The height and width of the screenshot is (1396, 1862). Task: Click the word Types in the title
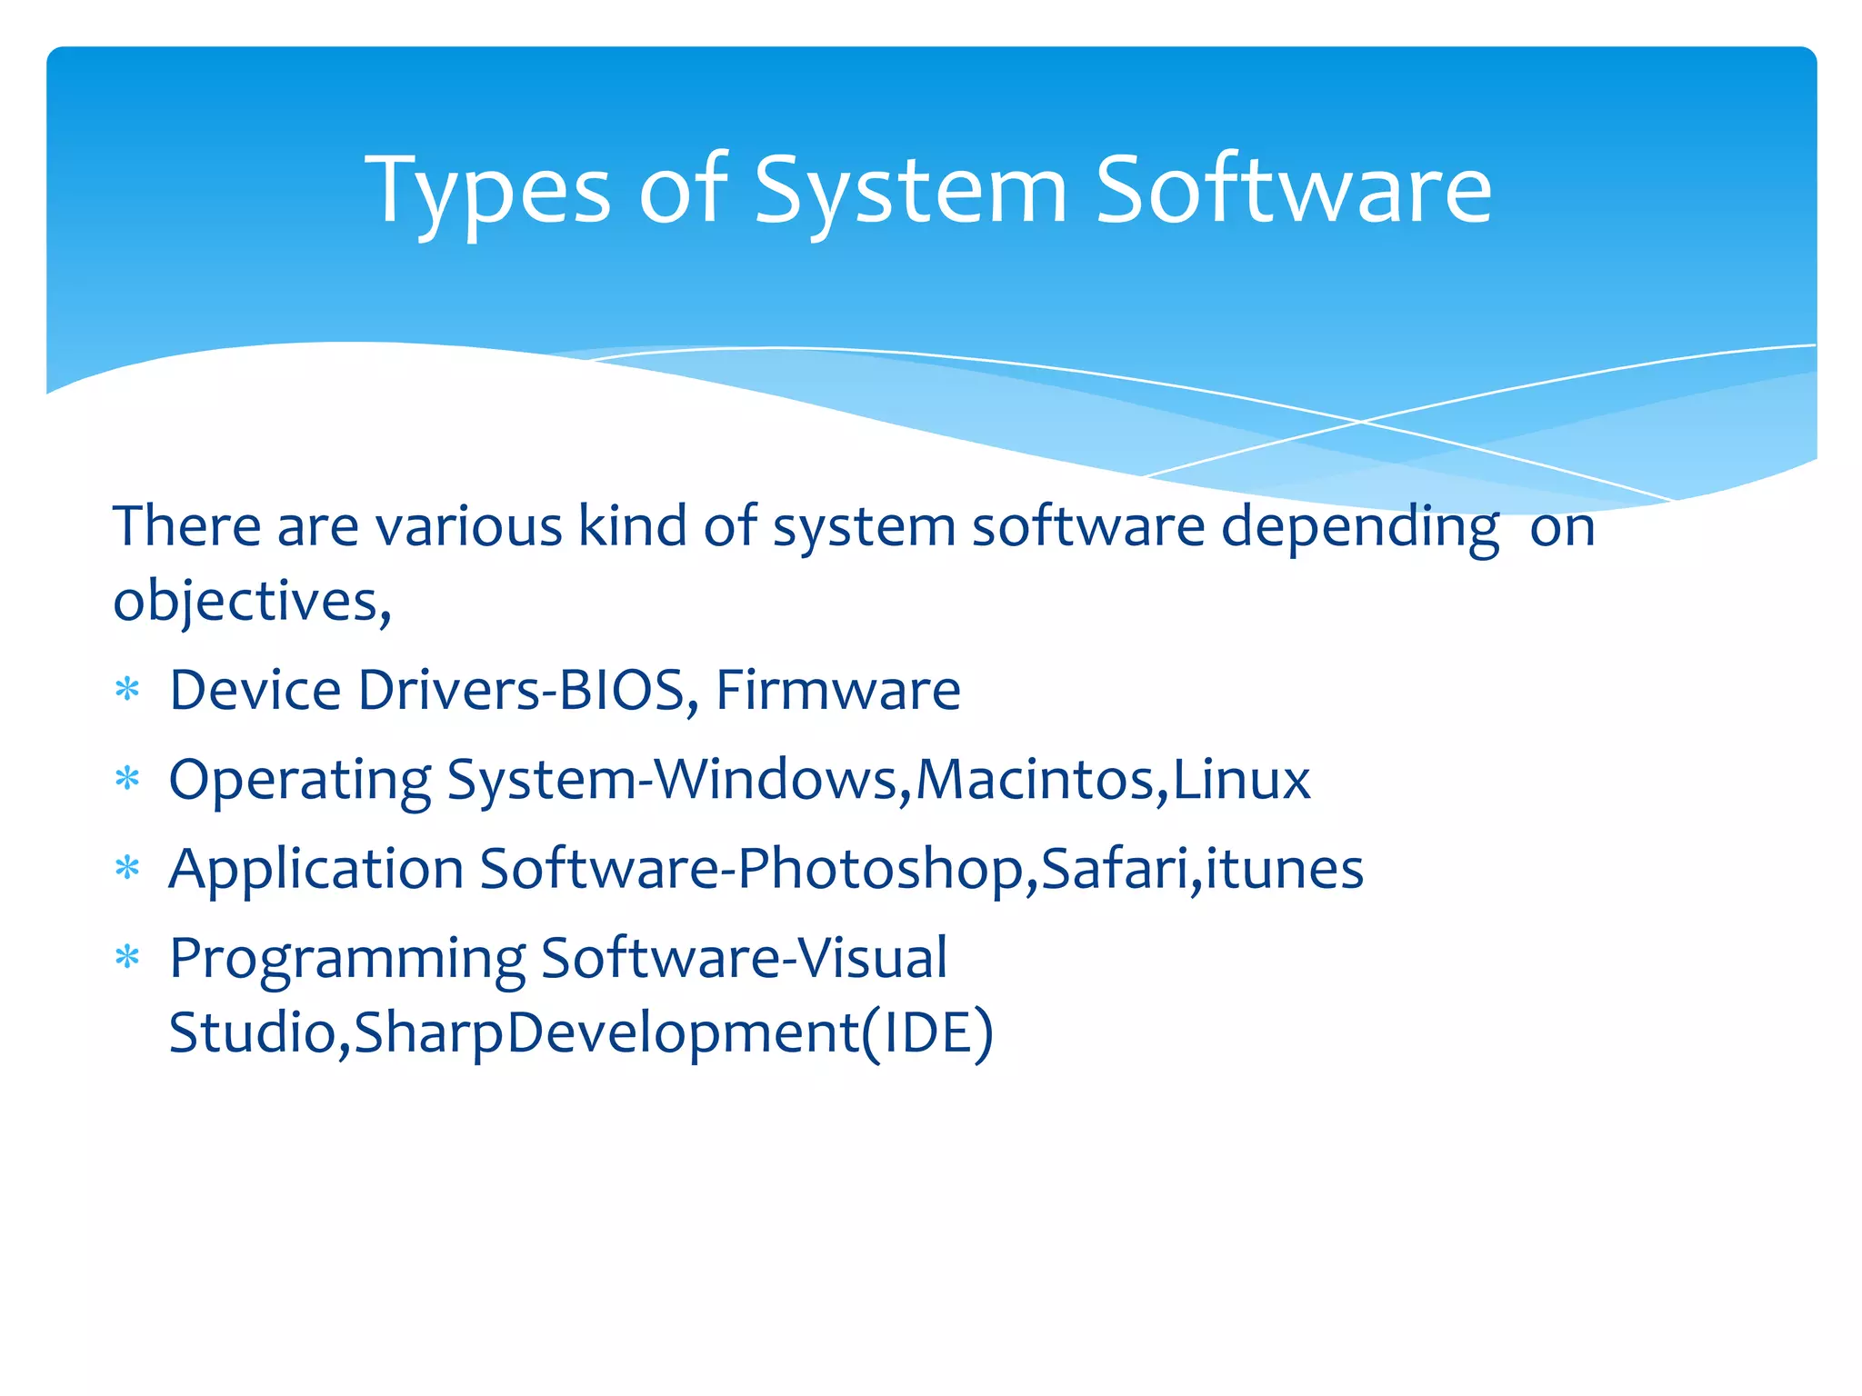click(487, 191)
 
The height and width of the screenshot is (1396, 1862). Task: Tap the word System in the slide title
click(910, 191)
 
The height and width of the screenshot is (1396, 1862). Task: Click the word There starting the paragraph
click(186, 526)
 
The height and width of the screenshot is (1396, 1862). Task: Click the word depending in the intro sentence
click(1359, 527)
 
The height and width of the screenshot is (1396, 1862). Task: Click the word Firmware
click(837, 690)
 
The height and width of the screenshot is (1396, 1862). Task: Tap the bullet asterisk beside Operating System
click(127, 780)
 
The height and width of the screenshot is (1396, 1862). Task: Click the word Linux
click(1241, 779)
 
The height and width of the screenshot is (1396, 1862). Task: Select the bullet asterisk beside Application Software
click(127, 869)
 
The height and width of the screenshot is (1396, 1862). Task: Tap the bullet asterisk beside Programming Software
click(127, 958)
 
